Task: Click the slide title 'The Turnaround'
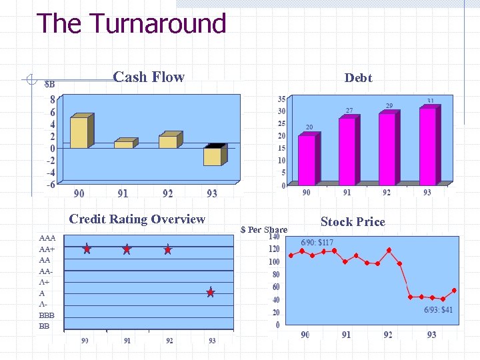click(131, 24)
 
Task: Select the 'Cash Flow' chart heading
click(149, 77)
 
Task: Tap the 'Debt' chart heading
click(358, 78)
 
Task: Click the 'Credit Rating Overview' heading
click(137, 219)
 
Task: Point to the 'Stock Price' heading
click(353, 222)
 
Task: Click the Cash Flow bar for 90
click(79, 132)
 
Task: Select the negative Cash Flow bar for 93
click(212, 156)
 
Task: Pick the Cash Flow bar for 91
click(123, 144)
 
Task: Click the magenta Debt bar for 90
click(307, 160)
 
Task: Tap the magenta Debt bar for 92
click(387, 149)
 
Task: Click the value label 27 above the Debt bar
click(349, 110)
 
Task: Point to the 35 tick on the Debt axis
click(281, 99)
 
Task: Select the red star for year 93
click(210, 293)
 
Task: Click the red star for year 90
click(87, 249)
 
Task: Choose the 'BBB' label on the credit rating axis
click(47, 315)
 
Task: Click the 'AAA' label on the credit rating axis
click(47, 238)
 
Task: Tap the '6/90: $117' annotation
click(317, 243)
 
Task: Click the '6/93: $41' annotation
click(438, 310)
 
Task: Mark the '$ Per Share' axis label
click(263, 230)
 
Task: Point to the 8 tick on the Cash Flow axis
click(52, 100)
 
